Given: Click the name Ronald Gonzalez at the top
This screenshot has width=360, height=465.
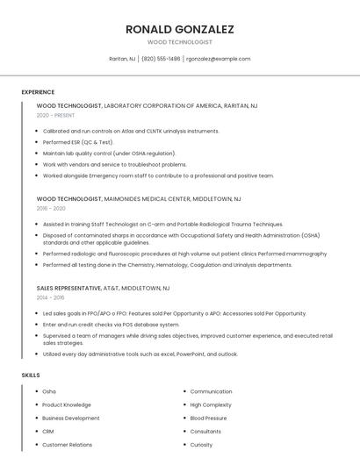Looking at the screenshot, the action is click(179, 29).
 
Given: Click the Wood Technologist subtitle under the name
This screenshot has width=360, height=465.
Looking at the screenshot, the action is click(179, 42).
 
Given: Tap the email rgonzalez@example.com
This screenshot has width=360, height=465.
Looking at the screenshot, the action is click(218, 59).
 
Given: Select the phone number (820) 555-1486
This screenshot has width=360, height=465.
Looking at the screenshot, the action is click(161, 59).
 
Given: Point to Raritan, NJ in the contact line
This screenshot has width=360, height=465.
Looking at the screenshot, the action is click(122, 59).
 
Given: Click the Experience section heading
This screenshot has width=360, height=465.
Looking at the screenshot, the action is click(38, 92).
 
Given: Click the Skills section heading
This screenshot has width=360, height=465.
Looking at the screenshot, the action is click(31, 375).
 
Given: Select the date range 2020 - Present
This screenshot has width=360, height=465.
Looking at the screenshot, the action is click(55, 115).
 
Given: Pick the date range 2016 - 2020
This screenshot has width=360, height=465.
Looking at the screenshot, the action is click(51, 209).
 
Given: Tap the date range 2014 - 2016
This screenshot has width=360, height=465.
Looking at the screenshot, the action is click(51, 297).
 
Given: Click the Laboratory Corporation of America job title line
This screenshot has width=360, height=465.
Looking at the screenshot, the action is click(147, 105).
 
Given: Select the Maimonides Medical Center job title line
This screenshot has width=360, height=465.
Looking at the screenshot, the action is click(139, 199).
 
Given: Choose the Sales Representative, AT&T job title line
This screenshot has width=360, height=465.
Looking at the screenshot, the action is click(103, 288).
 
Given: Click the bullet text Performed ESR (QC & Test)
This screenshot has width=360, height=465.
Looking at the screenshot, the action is click(78, 141).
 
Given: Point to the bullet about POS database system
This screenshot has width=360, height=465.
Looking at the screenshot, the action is click(111, 324).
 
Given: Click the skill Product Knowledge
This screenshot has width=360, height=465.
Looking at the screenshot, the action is click(66, 404).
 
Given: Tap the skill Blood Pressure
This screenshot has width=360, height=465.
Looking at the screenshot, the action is click(208, 418).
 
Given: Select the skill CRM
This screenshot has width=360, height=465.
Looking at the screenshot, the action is click(48, 431).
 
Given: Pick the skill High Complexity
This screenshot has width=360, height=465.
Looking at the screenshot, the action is click(211, 404).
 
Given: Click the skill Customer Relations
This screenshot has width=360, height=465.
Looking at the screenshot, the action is click(67, 444).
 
